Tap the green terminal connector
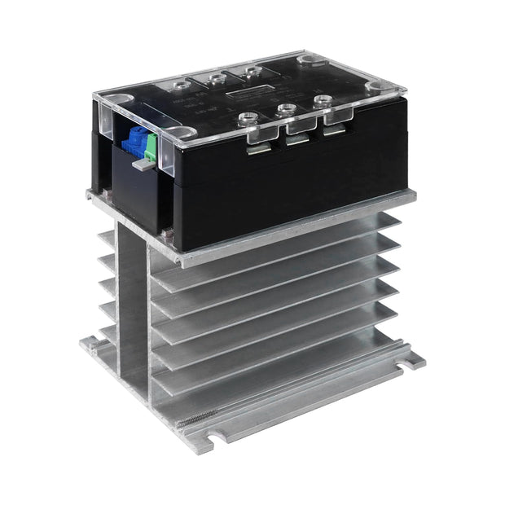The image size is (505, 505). [x=149, y=147]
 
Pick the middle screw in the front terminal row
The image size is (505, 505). [x=286, y=109]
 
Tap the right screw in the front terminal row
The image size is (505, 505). [x=323, y=101]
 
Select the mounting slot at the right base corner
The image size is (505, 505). [x=408, y=358]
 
